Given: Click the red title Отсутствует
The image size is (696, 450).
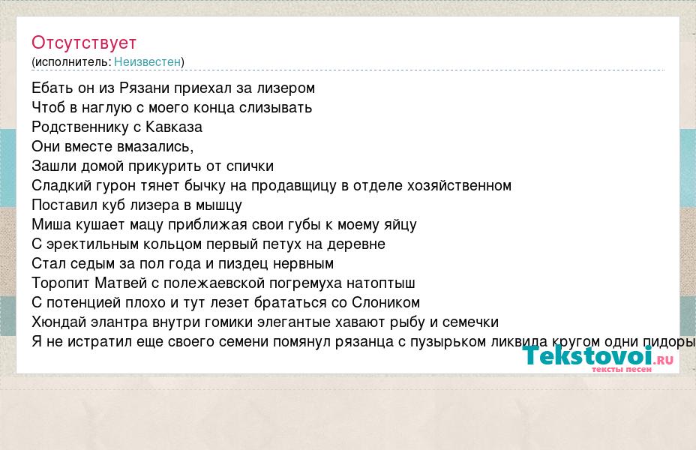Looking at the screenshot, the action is tap(84, 43).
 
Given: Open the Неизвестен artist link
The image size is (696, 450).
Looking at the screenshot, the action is tap(147, 61).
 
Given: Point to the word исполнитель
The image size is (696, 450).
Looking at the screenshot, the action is tap(71, 61).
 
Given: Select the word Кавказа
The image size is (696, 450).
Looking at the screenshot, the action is tap(174, 127).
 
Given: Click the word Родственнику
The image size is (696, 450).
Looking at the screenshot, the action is tap(80, 127).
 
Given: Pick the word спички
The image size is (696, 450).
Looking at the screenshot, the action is tap(250, 166).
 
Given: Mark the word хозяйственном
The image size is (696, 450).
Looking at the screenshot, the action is tap(453, 185).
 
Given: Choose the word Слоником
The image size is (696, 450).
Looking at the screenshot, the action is tap(385, 303).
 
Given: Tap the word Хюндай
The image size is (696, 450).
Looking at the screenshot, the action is tap(58, 322).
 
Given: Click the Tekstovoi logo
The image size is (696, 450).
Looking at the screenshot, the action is tap(598, 356).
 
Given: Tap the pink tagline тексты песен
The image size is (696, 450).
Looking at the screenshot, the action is tap(622, 369).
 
